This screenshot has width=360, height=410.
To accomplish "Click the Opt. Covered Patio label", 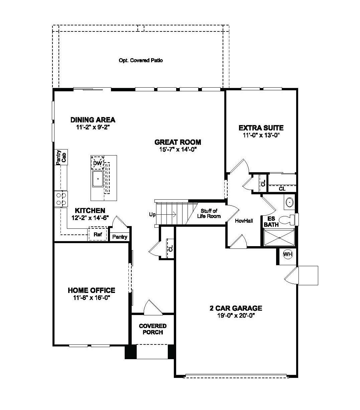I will pos(141,61).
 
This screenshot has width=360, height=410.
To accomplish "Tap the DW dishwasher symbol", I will pos(98,163).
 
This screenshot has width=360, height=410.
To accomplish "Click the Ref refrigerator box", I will pos(98,234).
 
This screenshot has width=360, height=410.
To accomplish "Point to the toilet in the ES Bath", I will pos(287,220).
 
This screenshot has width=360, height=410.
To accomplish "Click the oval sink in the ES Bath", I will pos(289,202).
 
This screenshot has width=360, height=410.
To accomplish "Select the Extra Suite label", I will pos(261,128).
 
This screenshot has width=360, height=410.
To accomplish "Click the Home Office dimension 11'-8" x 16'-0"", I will pos(91,298).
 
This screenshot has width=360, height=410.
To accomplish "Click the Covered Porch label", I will pos(153,329).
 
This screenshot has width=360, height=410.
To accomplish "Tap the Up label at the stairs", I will pos(152,214).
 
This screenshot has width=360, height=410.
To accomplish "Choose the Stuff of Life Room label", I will pos(211,213).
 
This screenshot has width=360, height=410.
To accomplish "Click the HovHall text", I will pos(244,221).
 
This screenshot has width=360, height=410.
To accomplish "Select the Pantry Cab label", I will pos(61,157).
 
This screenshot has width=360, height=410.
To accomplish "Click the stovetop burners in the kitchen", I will pos(61,199).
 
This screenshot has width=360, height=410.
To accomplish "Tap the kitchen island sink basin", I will pos(98,179).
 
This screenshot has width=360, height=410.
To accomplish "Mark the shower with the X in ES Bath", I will pos(279,238).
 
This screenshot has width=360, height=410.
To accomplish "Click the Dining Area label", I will pos(93,120).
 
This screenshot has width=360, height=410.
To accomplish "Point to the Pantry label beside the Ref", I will pos(120,237).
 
